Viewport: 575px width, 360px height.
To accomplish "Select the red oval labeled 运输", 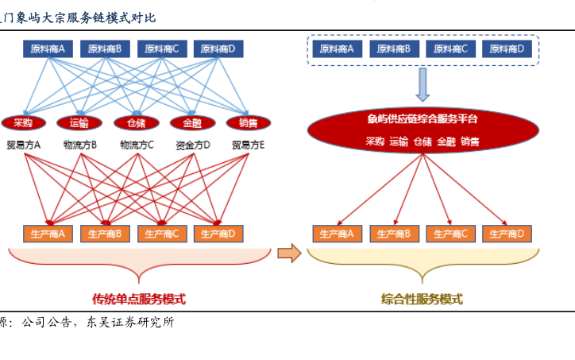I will pyautogui.click(x=79, y=122).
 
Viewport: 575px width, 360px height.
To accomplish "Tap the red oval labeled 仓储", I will pyautogui.click(x=135, y=122).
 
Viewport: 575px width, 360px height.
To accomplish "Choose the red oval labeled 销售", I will pyautogui.click(x=248, y=122).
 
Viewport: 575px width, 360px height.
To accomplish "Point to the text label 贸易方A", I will pyautogui.click(x=24, y=145).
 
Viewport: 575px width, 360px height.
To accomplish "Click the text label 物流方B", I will pyautogui.click(x=80, y=145).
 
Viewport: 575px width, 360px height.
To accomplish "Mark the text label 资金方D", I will pyautogui.click(x=193, y=145).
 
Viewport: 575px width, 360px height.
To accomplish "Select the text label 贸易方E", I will pyautogui.click(x=249, y=145).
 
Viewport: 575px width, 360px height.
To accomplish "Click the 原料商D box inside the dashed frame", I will pyautogui.click(x=507, y=49).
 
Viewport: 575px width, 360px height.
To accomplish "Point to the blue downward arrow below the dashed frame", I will pyautogui.click(x=423, y=83).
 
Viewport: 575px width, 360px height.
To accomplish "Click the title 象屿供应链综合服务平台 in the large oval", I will pyautogui.click(x=423, y=119).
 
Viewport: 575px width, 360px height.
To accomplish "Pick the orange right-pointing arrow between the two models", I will pyautogui.click(x=289, y=254).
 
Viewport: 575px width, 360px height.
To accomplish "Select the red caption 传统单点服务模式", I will pyautogui.click(x=139, y=300).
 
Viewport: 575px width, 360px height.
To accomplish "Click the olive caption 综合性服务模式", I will pyautogui.click(x=422, y=300).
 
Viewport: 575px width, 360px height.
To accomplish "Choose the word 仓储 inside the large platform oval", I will pyautogui.click(x=423, y=141).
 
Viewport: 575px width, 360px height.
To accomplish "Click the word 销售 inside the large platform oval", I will pyautogui.click(x=470, y=141).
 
